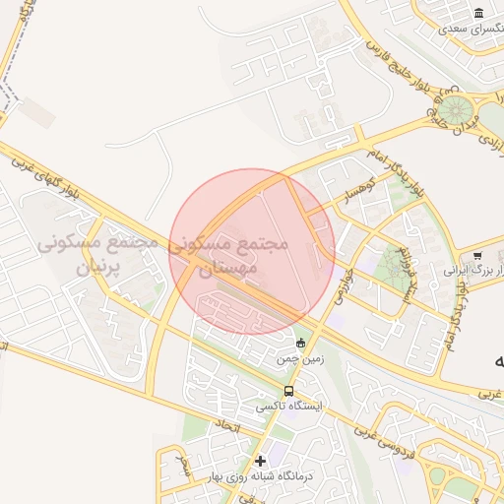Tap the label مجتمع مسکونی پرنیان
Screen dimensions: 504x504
tap(97, 254)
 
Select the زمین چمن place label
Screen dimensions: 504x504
tap(300, 362)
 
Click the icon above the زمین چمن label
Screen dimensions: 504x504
tap(300, 343)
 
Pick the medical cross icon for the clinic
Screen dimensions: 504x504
tap(260, 460)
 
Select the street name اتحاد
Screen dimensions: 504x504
tap(224, 426)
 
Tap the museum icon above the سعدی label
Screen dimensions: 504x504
tap(478, 13)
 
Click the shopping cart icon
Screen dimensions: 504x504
tap(478, 256)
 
